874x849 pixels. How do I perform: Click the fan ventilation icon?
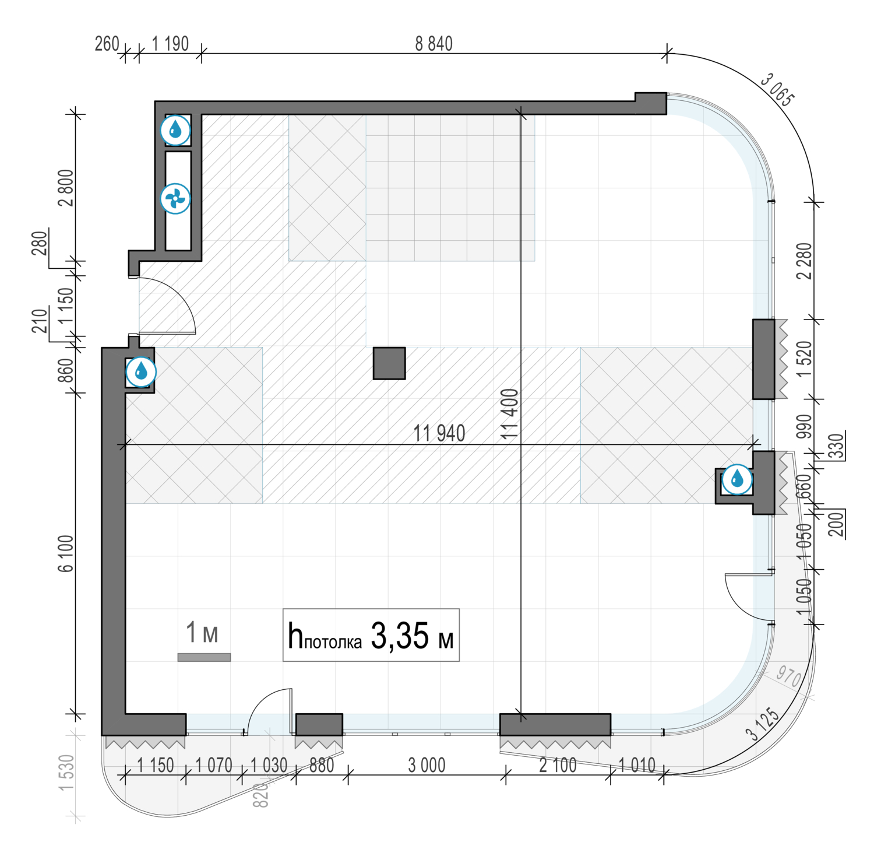(x=175, y=199)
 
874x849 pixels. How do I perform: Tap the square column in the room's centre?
(x=389, y=363)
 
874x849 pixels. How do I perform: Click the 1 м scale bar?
(x=204, y=657)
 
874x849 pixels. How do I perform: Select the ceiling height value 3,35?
(x=400, y=636)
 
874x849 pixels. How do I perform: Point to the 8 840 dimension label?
(x=434, y=44)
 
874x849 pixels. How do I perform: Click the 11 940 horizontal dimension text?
(x=439, y=433)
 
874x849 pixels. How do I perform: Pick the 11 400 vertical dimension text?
(x=509, y=414)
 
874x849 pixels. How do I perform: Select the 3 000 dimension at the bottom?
(x=427, y=765)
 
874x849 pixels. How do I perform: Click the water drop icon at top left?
(x=175, y=130)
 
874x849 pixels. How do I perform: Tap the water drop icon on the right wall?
(x=737, y=479)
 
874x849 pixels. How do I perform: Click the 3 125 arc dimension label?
(x=762, y=724)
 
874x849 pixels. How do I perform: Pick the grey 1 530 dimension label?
(x=67, y=773)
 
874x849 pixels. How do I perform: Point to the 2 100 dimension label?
(x=558, y=765)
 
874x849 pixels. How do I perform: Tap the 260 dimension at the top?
(x=107, y=44)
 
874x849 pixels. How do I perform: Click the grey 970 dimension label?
(x=788, y=676)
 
